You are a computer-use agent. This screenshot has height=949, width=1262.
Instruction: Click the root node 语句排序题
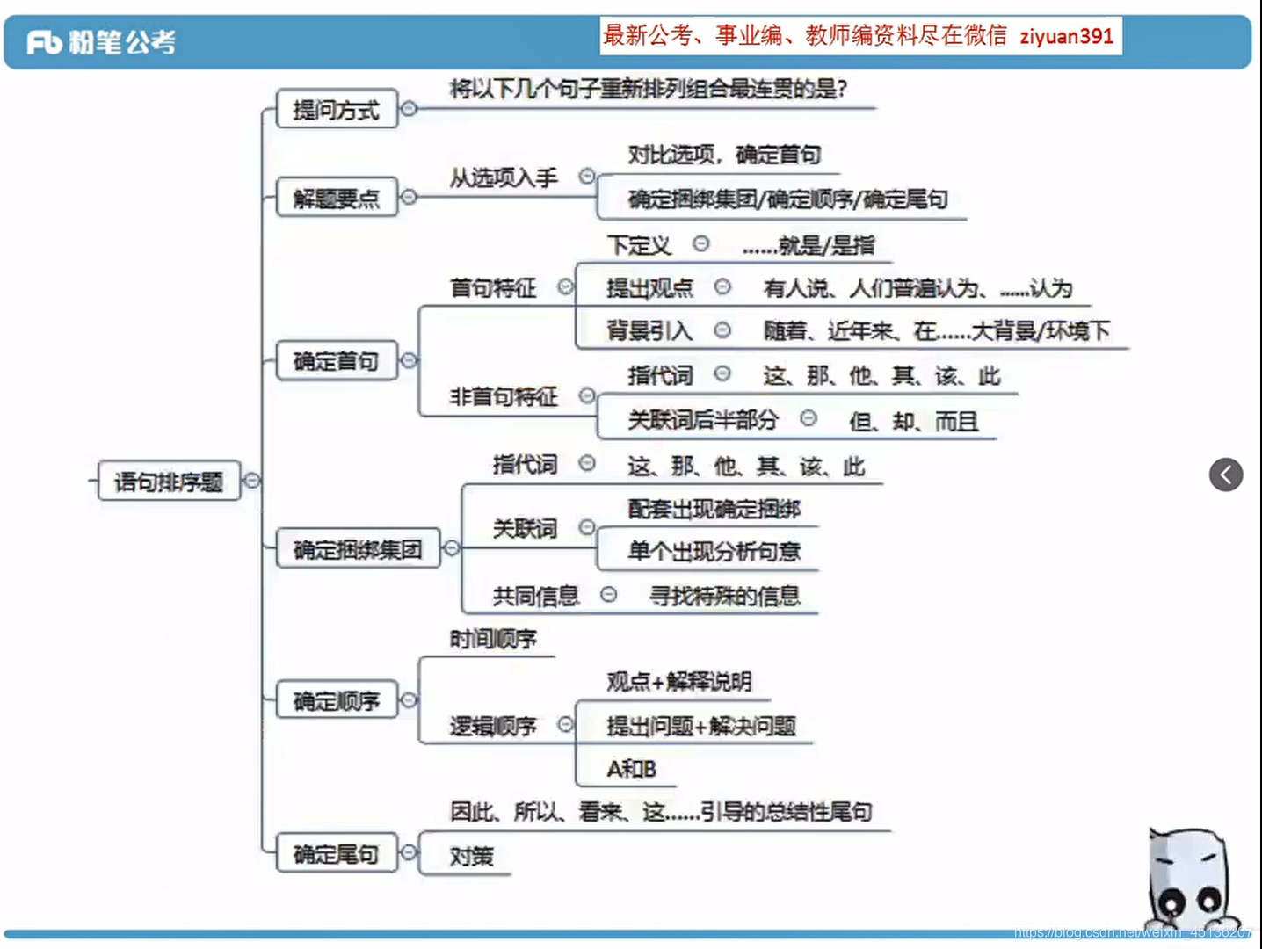pyautogui.click(x=169, y=481)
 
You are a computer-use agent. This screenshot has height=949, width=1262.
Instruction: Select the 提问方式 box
pyautogui.click(x=337, y=110)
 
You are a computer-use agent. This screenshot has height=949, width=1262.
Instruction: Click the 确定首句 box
pyautogui.click(x=337, y=361)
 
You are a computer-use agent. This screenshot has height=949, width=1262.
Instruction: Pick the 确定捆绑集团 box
pyautogui.click(x=358, y=549)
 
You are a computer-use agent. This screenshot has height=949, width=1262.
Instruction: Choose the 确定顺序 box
pyautogui.click(x=337, y=701)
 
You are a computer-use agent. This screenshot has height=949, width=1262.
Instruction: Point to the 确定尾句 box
pyautogui.click(x=337, y=854)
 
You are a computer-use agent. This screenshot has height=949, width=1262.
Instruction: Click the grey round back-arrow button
pyautogui.click(x=1226, y=474)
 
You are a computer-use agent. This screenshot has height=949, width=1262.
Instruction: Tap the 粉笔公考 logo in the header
pyautogui.click(x=101, y=41)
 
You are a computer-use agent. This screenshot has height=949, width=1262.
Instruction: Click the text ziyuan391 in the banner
pyautogui.click(x=1066, y=36)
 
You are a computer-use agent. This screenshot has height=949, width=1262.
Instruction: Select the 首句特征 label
pyautogui.click(x=493, y=288)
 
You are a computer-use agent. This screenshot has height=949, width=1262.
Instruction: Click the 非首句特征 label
pyautogui.click(x=504, y=397)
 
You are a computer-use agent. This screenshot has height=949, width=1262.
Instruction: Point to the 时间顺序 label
pyautogui.click(x=493, y=640)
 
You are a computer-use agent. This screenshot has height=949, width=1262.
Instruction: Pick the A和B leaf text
pyautogui.click(x=631, y=769)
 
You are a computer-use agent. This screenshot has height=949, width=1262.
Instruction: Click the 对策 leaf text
pyautogui.click(x=472, y=856)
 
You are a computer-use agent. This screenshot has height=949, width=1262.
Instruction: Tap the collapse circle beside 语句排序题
pyautogui.click(x=252, y=480)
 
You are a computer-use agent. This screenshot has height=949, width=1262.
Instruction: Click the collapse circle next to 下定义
pyautogui.click(x=700, y=243)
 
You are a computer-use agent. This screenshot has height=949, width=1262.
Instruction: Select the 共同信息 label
pyautogui.click(x=535, y=597)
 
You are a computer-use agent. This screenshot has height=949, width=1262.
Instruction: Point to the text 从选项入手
pyautogui.click(x=504, y=178)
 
